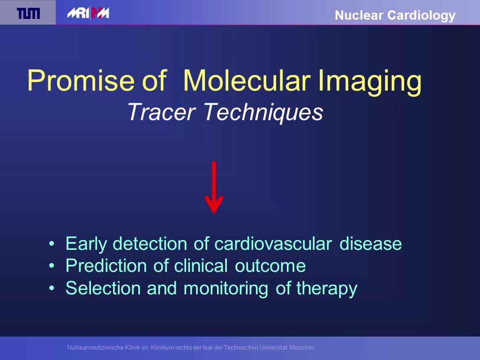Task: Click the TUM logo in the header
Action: (28, 13)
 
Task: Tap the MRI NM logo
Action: (88, 13)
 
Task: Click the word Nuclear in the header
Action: (359, 15)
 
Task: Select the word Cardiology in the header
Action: (421, 16)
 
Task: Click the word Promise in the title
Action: (81, 81)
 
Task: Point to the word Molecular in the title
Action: (247, 81)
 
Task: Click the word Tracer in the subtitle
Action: (161, 112)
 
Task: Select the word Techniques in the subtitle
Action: (263, 112)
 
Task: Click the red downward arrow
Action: (214, 187)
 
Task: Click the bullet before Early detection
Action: (52, 244)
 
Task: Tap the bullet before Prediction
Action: (52, 266)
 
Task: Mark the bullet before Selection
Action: (52, 288)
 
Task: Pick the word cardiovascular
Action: (273, 244)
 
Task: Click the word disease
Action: (371, 244)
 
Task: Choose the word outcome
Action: (270, 266)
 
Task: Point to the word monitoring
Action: (226, 289)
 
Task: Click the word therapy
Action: (327, 288)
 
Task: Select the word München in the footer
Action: (302, 347)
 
